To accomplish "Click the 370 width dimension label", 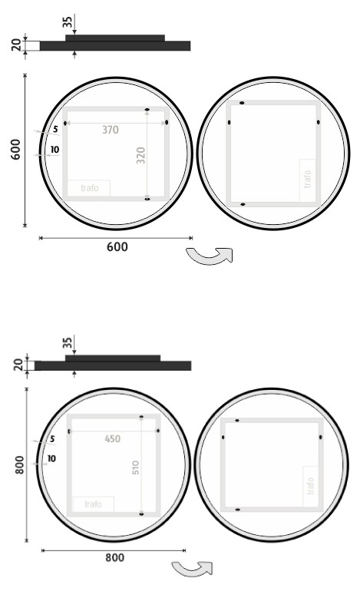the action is [x=111, y=130].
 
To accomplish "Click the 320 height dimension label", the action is [x=140, y=156].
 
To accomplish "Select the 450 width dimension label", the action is [x=113, y=439].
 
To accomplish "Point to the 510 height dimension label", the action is [x=135, y=467].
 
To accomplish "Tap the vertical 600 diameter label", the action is [x=15, y=150].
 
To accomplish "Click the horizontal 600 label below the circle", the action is [x=117, y=246].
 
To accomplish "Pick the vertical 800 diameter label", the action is [x=20, y=465].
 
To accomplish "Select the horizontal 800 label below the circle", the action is [x=114, y=557].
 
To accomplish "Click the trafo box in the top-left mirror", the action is [x=89, y=188].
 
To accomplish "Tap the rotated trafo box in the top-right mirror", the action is [x=307, y=180].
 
